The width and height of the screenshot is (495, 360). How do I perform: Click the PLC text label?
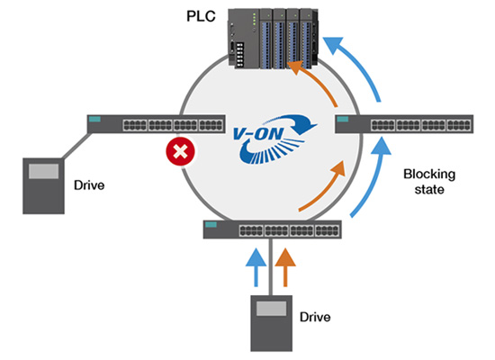201,16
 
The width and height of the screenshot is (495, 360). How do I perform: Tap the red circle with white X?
180,151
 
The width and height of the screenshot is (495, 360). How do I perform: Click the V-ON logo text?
257,134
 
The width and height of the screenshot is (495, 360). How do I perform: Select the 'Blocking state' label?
429,182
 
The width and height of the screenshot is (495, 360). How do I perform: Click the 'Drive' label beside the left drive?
89,185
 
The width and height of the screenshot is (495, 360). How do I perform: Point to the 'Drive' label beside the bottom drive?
315,317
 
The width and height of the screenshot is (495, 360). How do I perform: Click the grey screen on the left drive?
43,171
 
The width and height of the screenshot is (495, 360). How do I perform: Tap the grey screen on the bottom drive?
271,308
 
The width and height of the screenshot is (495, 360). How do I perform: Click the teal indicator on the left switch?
94,119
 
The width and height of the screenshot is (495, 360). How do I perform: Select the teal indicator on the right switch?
343,119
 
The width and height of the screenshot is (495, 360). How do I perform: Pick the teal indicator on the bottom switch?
211,224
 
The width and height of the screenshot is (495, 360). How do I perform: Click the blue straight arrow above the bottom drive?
256,267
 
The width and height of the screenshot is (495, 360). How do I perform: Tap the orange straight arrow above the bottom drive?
285,267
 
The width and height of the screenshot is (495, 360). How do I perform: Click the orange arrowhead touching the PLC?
297,67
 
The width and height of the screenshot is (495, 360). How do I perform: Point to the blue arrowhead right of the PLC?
333,44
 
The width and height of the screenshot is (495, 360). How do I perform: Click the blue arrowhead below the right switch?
382,146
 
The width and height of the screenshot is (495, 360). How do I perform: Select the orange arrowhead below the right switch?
337,168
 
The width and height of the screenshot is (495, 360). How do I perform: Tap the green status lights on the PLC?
255,18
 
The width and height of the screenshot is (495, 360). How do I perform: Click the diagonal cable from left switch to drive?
76,146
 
